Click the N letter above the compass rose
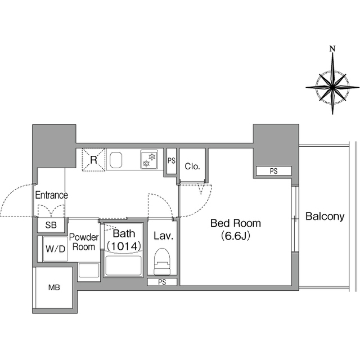[332, 49]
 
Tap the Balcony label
[325, 217]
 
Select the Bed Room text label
[236, 223]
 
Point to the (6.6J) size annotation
[235, 236]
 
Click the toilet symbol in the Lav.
[162, 261]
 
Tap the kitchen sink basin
[116, 160]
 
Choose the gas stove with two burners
[149, 160]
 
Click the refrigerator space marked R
[94, 160]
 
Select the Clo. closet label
[192, 166]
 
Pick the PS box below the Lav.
[162, 282]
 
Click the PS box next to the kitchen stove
[171, 161]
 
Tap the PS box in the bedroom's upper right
[274, 171]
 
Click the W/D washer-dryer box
[55, 249]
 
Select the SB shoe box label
[51, 225]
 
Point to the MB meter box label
[54, 287]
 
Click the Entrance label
[51, 195]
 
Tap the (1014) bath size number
[124, 246]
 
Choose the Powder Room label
[84, 242]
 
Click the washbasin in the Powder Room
[89, 271]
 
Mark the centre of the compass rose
[332, 87]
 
